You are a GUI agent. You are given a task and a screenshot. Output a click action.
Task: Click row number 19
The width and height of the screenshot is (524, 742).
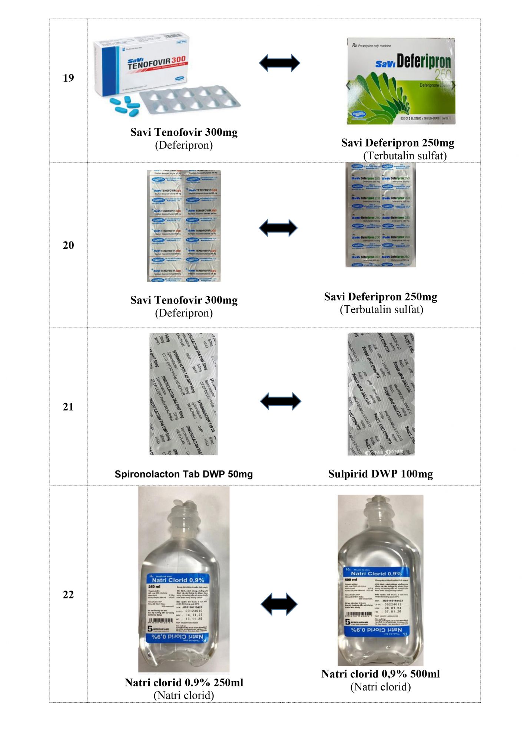click(68, 78)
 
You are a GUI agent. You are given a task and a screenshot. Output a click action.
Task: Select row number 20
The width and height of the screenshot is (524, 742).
click(68, 245)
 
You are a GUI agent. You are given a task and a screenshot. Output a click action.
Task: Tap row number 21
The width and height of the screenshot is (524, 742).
click(68, 407)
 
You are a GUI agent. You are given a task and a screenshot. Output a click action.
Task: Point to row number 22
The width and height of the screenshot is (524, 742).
click(68, 595)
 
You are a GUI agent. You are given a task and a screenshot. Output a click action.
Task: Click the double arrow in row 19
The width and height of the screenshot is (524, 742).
click(279, 63)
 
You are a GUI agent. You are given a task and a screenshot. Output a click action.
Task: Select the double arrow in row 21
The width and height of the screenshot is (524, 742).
click(281, 401)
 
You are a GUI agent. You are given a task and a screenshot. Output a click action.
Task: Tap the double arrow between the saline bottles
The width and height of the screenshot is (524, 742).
click(279, 604)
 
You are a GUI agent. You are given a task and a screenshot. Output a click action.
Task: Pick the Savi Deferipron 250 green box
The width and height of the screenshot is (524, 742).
click(401, 81)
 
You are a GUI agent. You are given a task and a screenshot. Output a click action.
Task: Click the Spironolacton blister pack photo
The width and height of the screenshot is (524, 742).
click(183, 394)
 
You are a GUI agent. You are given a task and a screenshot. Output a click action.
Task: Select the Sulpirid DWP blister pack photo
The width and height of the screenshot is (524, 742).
click(381, 394)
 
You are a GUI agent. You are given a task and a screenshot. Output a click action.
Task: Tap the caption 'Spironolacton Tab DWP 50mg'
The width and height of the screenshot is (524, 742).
click(183, 474)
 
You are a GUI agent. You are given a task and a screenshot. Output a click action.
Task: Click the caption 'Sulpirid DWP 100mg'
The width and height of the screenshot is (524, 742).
click(381, 474)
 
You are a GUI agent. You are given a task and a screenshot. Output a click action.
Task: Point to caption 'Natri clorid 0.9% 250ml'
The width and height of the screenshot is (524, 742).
click(184, 683)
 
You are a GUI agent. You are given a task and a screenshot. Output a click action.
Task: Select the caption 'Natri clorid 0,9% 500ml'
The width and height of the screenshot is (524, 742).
click(381, 674)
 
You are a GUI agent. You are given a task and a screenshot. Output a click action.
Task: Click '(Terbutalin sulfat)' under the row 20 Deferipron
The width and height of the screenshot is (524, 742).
click(381, 309)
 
